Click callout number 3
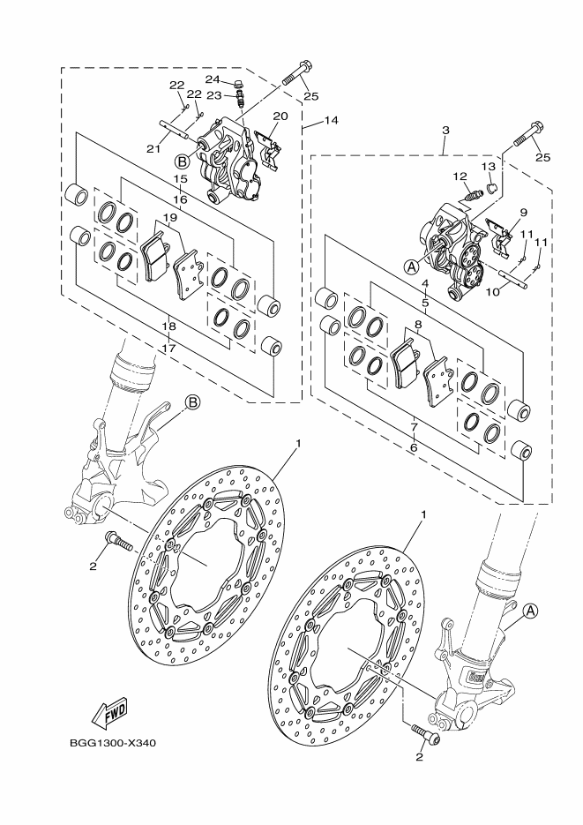pyautogui.click(x=445, y=131)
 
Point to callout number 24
pyautogui.click(x=212, y=79)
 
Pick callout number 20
pyautogui.click(x=280, y=116)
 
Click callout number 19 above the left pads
pyautogui.click(x=169, y=217)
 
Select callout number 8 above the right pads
pyautogui.click(x=417, y=324)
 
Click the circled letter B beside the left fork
pyautogui.click(x=192, y=403)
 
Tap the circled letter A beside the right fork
pyautogui.click(x=530, y=609)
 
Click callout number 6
pyautogui.click(x=413, y=448)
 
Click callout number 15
pyautogui.click(x=180, y=178)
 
